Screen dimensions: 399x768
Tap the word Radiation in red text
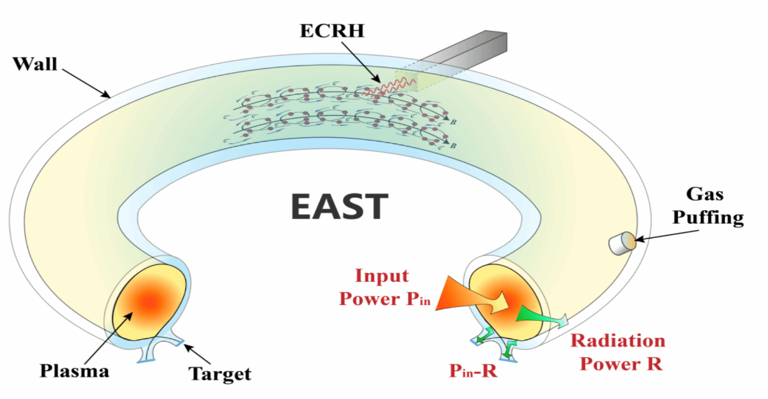617,341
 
